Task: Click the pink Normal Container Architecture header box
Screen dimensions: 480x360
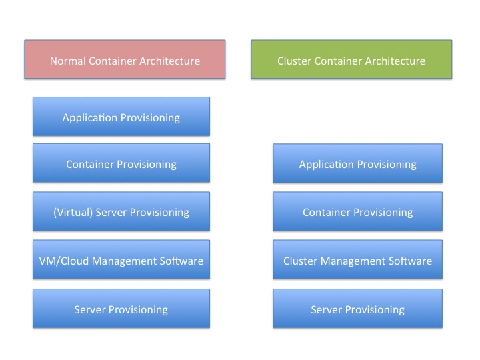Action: pyautogui.click(x=125, y=59)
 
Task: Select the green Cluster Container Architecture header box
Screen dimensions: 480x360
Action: pyautogui.click(x=351, y=59)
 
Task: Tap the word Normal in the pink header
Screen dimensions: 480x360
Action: pyautogui.click(x=68, y=61)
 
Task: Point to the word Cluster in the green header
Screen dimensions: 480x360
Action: pyautogui.click(x=294, y=61)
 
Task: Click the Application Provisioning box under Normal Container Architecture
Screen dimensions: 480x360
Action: pyautogui.click(x=121, y=116)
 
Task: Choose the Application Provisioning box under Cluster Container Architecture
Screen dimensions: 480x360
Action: pyautogui.click(x=357, y=163)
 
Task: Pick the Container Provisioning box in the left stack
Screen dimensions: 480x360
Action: pyautogui.click(x=121, y=163)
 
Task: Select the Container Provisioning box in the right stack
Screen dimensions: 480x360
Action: pyautogui.click(x=357, y=211)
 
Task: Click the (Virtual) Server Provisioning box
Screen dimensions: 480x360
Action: pyautogui.click(x=121, y=211)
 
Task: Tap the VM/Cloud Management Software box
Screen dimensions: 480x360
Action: pyautogui.click(x=121, y=259)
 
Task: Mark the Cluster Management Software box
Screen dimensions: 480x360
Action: pyautogui.click(x=357, y=259)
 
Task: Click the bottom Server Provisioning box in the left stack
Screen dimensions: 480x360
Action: pyautogui.click(x=121, y=308)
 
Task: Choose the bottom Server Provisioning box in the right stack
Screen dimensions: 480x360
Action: pyautogui.click(x=357, y=308)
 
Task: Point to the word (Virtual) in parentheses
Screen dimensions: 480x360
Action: pyautogui.click(x=73, y=213)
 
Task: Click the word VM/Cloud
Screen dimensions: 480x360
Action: pyautogui.click(x=64, y=261)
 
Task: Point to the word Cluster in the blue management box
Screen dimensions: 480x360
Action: pyautogui.click(x=300, y=261)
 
